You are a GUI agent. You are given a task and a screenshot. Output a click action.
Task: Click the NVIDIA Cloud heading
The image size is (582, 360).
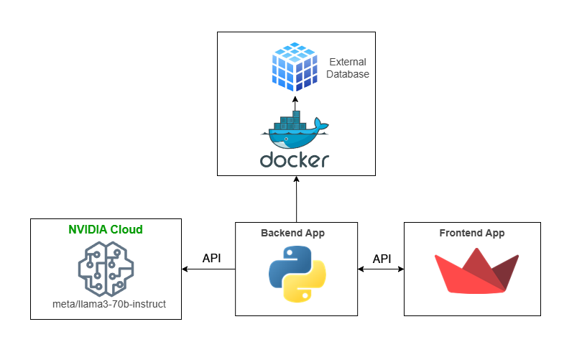pyautogui.click(x=106, y=230)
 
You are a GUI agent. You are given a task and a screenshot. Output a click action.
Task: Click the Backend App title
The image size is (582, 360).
pyautogui.click(x=296, y=234)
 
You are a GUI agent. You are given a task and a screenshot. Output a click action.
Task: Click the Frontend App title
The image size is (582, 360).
pyautogui.click(x=471, y=234)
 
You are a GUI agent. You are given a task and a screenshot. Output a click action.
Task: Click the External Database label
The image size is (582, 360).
pyautogui.click(x=348, y=68)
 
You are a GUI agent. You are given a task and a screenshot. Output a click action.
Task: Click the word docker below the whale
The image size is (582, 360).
pyautogui.click(x=295, y=160)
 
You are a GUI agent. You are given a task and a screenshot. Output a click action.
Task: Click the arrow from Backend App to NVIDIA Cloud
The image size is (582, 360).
pyautogui.click(x=208, y=269)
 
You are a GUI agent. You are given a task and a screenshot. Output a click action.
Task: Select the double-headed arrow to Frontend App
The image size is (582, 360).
pyautogui.click(x=381, y=269)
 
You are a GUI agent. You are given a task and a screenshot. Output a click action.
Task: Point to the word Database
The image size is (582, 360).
pyautogui.click(x=348, y=74)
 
